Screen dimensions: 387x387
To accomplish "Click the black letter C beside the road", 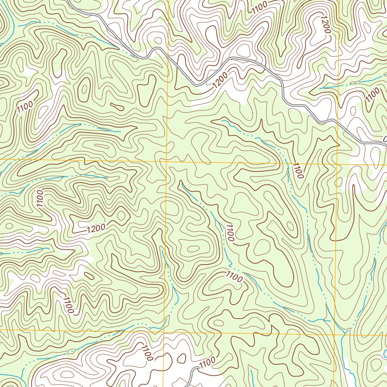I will click(385, 139).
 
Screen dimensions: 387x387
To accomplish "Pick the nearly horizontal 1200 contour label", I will click(96, 228).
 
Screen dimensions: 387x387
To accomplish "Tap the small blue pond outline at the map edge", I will click(385, 354).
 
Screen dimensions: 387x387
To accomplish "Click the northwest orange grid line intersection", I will click(167, 161).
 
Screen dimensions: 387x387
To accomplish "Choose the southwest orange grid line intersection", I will click(164, 331).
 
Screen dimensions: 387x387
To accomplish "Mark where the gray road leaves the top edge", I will click(70, 1).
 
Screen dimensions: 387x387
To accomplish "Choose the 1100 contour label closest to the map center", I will click(230, 232).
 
